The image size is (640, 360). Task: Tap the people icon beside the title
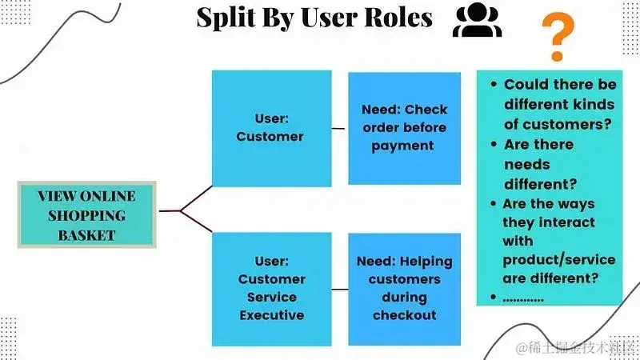[x=478, y=22]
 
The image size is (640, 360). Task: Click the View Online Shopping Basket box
[x=86, y=214]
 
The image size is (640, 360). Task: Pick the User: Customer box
[x=270, y=128]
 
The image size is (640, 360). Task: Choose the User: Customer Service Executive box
[x=270, y=287]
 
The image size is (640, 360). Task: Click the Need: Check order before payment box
[x=404, y=128]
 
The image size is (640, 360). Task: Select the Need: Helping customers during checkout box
[x=404, y=288]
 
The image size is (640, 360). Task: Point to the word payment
[x=404, y=146]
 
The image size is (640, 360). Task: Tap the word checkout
[x=404, y=314]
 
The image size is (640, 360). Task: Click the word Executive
[x=271, y=314]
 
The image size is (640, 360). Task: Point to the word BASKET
[x=86, y=234]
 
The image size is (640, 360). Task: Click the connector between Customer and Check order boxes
[x=339, y=127]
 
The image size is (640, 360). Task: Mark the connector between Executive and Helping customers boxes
[x=339, y=288]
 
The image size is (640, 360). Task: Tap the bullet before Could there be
[x=493, y=85]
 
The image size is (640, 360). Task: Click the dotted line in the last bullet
[x=523, y=298]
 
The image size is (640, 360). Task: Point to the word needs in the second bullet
[x=526, y=164]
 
